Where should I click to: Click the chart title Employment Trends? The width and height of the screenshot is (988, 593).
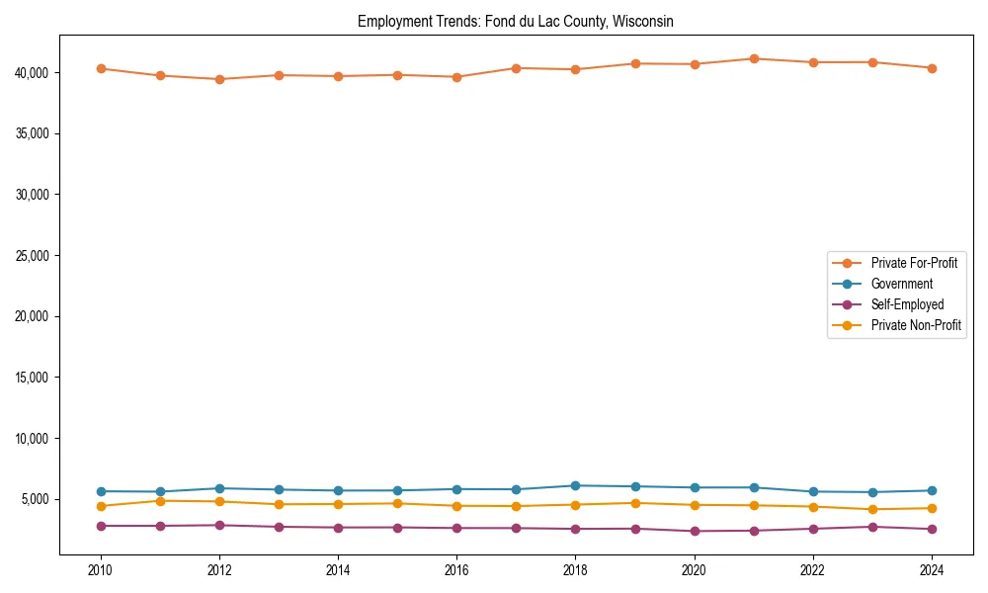coord(516,22)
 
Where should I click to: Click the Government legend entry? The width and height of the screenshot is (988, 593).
coord(901,284)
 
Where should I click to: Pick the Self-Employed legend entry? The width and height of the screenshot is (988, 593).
coord(907,304)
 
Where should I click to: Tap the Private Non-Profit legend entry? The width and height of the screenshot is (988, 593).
coord(916,325)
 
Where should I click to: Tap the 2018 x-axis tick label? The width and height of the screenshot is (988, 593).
coord(575,570)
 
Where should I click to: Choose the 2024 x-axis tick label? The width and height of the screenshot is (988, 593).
coord(932,570)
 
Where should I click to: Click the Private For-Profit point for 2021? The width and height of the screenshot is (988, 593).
coord(754,59)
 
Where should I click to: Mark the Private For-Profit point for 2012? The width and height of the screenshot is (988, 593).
coord(219,79)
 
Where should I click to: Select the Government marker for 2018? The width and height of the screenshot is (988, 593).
coord(575,485)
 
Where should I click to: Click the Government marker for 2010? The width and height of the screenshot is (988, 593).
coord(100,491)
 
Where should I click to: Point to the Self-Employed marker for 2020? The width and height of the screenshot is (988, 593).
coord(695,531)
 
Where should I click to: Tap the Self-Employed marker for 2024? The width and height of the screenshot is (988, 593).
coord(932,529)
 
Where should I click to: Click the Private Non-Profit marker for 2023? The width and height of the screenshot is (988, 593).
coord(872,509)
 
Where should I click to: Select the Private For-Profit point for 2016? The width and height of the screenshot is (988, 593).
coord(456,77)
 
